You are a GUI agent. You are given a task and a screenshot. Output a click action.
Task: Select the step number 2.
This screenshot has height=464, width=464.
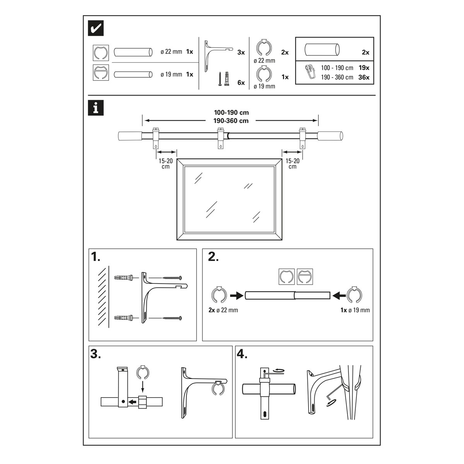[x=213, y=257]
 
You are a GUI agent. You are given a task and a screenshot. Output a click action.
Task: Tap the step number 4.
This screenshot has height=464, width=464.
[x=242, y=354]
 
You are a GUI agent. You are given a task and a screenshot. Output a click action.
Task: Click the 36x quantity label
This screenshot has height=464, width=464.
[x=364, y=77]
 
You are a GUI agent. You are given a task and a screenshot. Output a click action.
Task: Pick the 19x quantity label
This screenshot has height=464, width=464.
[x=364, y=68]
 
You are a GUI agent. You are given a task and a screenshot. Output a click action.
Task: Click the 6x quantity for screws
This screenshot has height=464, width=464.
[x=241, y=82]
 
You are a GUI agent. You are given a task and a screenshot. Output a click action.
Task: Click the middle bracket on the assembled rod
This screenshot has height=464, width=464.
[x=221, y=138]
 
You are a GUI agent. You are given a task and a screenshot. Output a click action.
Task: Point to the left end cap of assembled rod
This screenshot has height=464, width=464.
[x=129, y=136]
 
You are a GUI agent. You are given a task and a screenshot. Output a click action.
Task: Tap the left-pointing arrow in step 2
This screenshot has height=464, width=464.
[x=339, y=295]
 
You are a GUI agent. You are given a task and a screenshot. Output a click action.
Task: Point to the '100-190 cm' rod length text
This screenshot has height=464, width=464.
[x=231, y=113]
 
